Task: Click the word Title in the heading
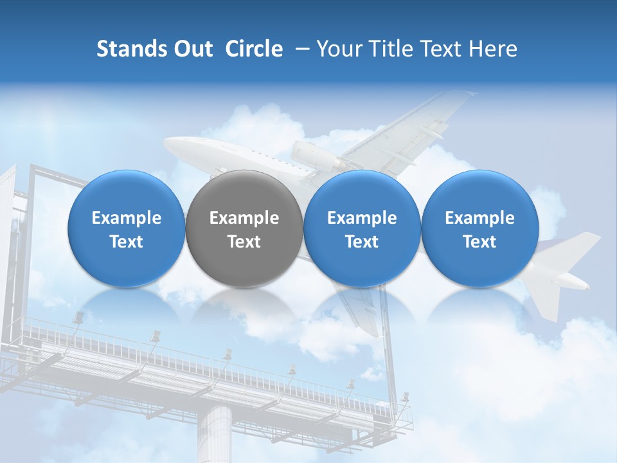(393, 49)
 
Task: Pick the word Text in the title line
(443, 49)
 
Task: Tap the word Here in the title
(494, 49)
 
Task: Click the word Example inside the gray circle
(244, 219)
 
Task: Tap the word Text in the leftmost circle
(127, 242)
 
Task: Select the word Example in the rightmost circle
(479, 219)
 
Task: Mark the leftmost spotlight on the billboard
(78, 317)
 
